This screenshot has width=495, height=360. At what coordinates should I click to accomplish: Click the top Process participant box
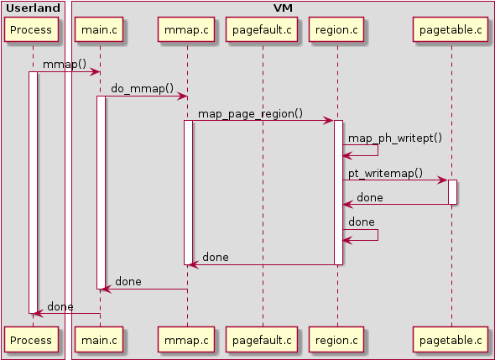point(31,29)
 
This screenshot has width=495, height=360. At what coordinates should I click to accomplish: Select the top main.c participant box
point(99,29)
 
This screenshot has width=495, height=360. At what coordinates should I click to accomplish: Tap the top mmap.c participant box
point(186,29)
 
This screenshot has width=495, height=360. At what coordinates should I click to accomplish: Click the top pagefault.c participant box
point(262,29)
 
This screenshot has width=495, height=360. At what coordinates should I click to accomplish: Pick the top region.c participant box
point(336,29)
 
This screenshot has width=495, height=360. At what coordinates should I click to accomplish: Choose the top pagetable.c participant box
point(451,29)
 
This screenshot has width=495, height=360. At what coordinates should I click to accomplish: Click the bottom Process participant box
point(31,340)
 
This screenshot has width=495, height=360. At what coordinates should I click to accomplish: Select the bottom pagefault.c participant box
point(262,340)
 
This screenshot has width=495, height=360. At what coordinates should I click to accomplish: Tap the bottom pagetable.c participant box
point(451,340)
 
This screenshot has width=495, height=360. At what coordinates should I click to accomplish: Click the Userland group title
point(33,8)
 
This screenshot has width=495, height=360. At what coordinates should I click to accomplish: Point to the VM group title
point(283,8)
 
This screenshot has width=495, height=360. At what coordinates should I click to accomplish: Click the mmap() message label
point(65,64)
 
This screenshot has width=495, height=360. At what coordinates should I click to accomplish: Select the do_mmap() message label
point(142,88)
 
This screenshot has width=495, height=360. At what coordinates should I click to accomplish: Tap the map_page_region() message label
point(250,113)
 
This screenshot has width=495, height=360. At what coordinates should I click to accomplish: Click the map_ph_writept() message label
point(395,138)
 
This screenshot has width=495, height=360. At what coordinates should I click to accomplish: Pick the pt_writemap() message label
point(385,173)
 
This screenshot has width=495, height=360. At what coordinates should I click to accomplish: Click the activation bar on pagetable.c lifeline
point(452,192)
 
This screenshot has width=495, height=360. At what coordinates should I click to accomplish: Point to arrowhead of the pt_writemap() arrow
point(444,180)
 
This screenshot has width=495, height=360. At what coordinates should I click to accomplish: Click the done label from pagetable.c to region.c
point(370,198)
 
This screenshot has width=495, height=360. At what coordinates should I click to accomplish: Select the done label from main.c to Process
point(60,306)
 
